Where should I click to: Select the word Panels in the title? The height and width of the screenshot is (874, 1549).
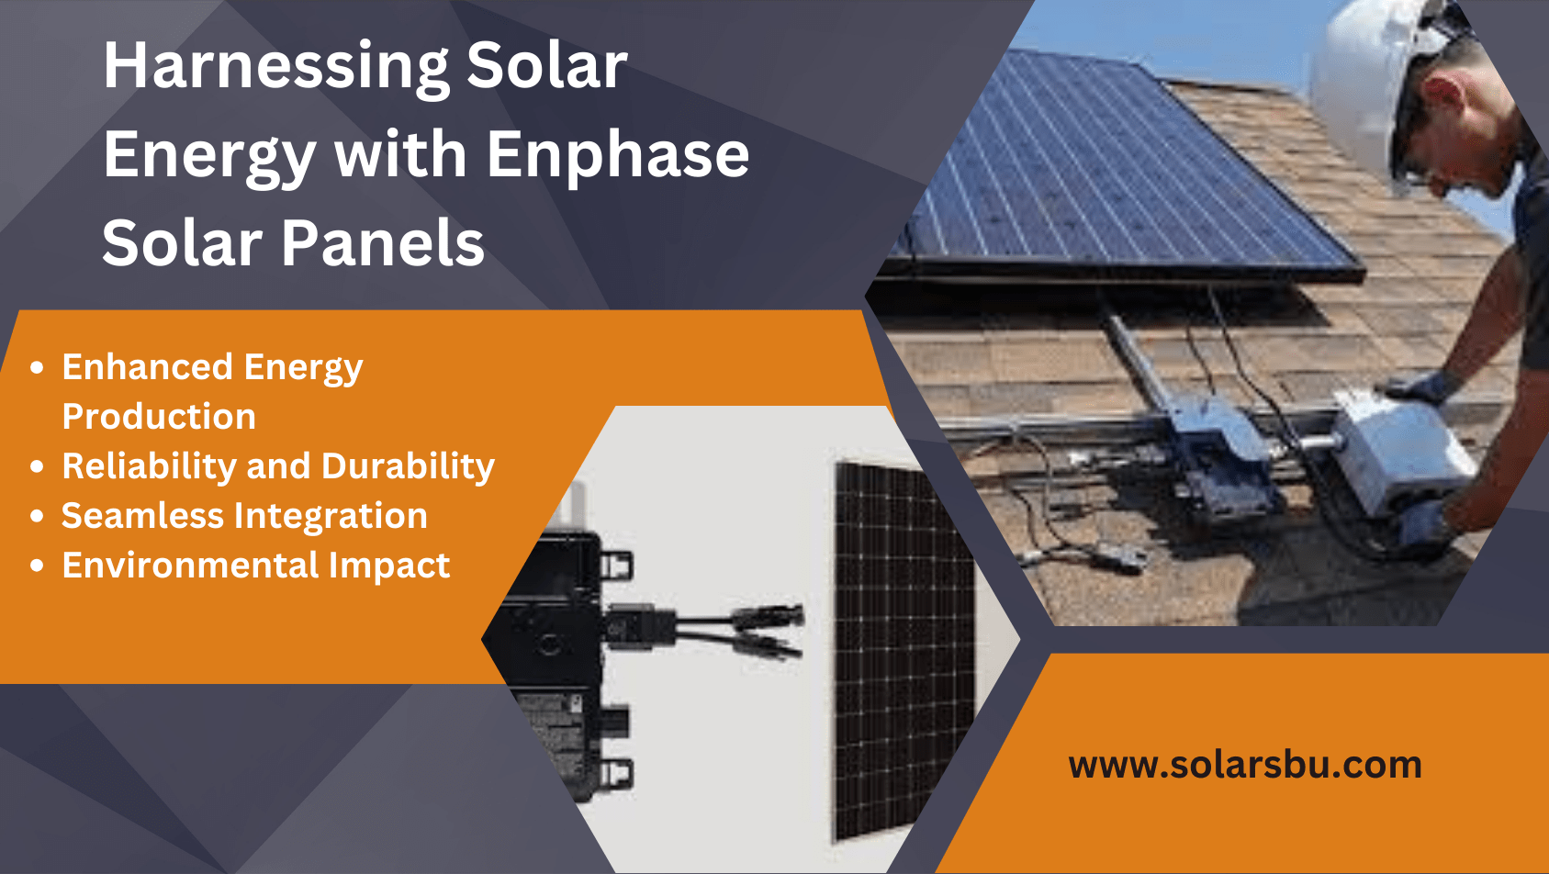coord(383,243)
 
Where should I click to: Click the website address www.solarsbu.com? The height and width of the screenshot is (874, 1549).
coord(1245,765)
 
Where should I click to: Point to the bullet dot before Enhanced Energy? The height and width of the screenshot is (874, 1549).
coord(37,367)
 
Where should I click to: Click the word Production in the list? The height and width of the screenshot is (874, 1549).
coord(159,417)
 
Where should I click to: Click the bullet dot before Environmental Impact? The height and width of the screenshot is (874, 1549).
coord(37,566)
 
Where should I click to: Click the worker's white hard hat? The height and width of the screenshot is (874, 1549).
coord(1359,83)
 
